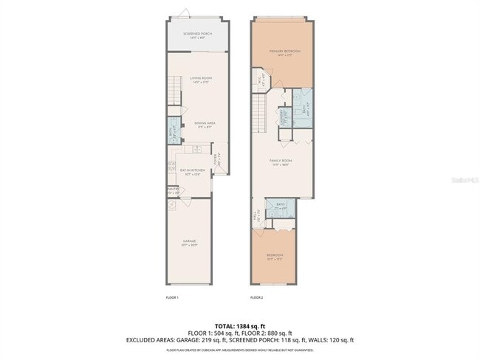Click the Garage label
pos(190,241)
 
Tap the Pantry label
pos(173,190)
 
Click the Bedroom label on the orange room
pos(274,257)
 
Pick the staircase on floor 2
pos(260,114)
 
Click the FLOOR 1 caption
pos(171,297)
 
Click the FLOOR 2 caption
pos(256,297)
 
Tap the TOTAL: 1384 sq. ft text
pos(239,325)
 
